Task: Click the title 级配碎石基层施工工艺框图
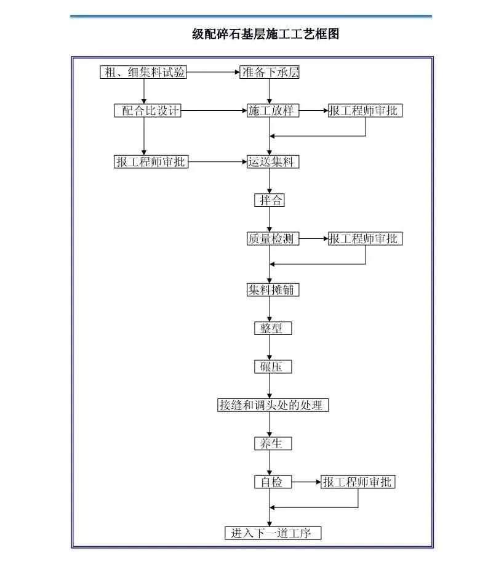click(x=265, y=34)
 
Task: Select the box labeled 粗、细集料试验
click(x=143, y=73)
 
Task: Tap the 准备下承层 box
click(x=270, y=73)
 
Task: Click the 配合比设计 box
click(x=148, y=111)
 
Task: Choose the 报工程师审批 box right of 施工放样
click(x=366, y=111)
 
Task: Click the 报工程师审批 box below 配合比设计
click(x=151, y=162)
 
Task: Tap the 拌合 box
click(x=270, y=200)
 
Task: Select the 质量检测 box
click(x=273, y=239)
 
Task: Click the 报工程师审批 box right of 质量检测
click(x=366, y=239)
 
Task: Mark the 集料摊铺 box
click(x=273, y=289)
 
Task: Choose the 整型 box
click(x=273, y=328)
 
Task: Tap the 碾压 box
click(x=273, y=367)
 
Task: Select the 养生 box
click(x=273, y=443)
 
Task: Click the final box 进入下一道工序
click(x=273, y=533)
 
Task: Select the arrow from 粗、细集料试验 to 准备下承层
click(x=213, y=73)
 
